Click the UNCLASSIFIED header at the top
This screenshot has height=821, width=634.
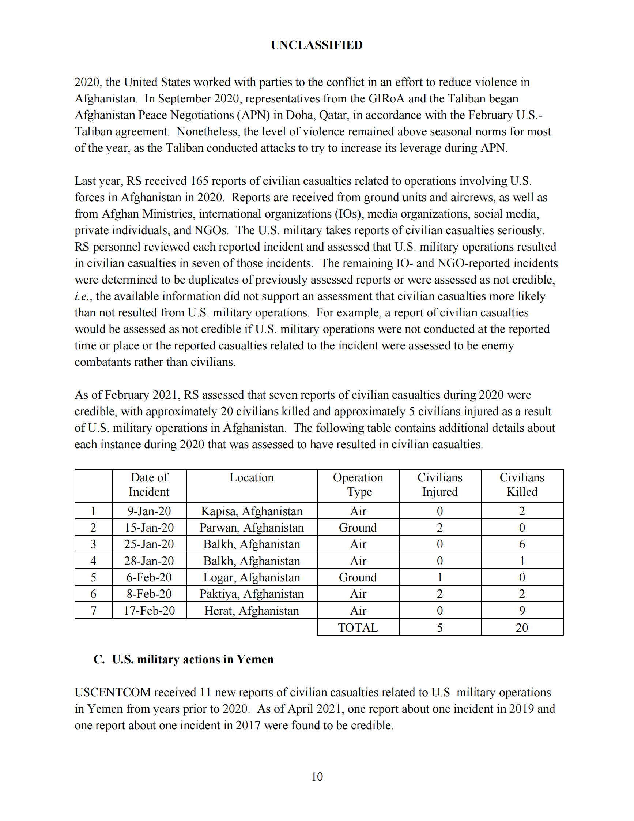point(317,45)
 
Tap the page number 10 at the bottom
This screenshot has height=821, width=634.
point(317,776)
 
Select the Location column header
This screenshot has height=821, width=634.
point(252,477)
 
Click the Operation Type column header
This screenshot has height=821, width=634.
point(358,484)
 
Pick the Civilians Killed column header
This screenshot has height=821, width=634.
point(522,484)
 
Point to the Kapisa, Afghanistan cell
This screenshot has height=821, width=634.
point(252,511)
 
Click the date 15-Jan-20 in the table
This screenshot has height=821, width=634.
point(149,528)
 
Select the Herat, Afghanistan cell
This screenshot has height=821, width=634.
point(252,611)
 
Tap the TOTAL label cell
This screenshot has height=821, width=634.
point(358,627)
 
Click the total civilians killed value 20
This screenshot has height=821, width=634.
point(522,627)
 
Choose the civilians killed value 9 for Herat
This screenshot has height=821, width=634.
point(522,611)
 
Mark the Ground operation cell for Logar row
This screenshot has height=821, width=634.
point(358,577)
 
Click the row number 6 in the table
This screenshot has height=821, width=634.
point(93,594)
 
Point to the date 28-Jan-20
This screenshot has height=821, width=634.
point(149,561)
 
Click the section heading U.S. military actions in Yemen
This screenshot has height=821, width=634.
point(193,659)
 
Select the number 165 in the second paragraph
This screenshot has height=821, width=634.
point(199,181)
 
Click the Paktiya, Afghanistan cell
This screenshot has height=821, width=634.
point(252,594)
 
